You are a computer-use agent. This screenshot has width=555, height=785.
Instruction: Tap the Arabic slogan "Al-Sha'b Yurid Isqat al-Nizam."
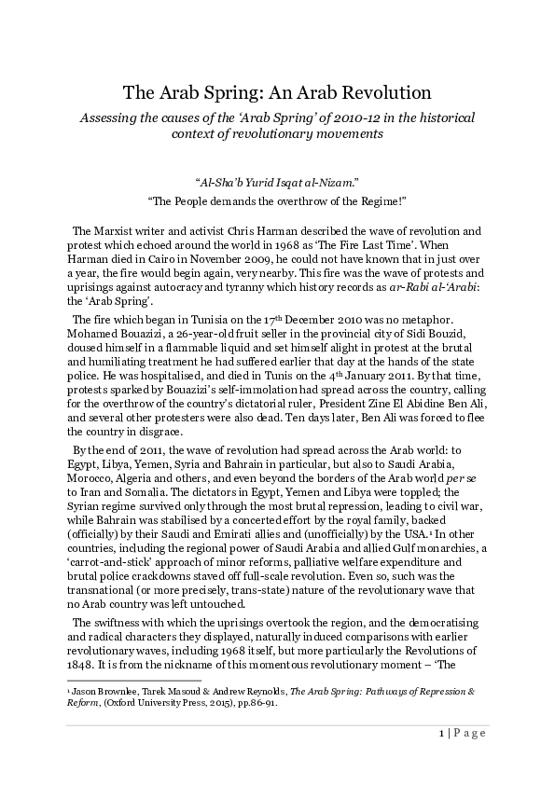[277, 184]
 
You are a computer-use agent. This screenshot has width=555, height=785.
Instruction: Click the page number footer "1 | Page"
[462, 733]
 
